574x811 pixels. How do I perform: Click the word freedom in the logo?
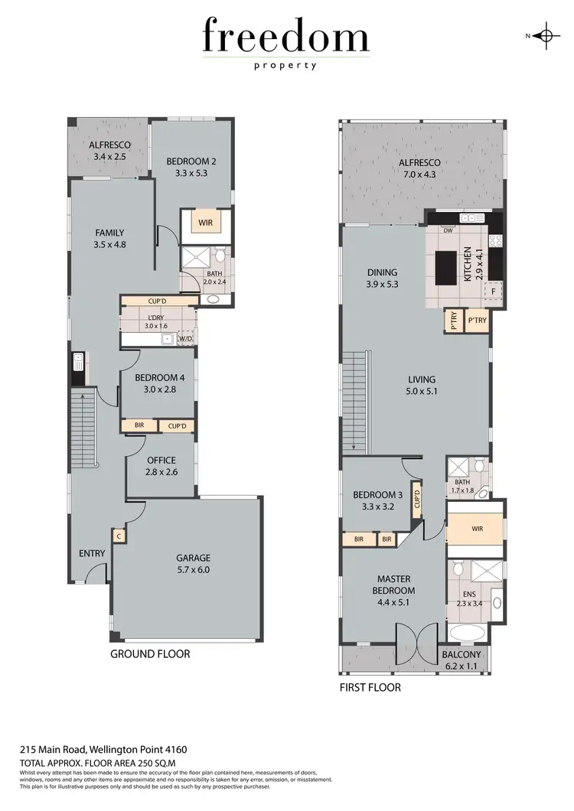point(286,37)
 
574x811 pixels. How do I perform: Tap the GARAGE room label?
point(193,558)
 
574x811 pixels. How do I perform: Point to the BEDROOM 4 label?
point(160,377)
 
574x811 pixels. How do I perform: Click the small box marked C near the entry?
point(119,537)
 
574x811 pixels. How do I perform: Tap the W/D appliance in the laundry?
point(185,337)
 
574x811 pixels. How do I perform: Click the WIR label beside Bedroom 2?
point(205,223)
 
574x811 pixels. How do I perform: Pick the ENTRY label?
point(92,553)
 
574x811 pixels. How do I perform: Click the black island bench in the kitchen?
point(445,267)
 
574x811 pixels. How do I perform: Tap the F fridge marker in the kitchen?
point(494,292)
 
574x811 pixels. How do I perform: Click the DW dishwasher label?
point(447,230)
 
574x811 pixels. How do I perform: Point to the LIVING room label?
point(422,379)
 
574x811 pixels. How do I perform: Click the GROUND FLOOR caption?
point(150,654)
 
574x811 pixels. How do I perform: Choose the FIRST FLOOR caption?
point(370,688)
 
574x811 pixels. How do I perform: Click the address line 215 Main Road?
point(103,750)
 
